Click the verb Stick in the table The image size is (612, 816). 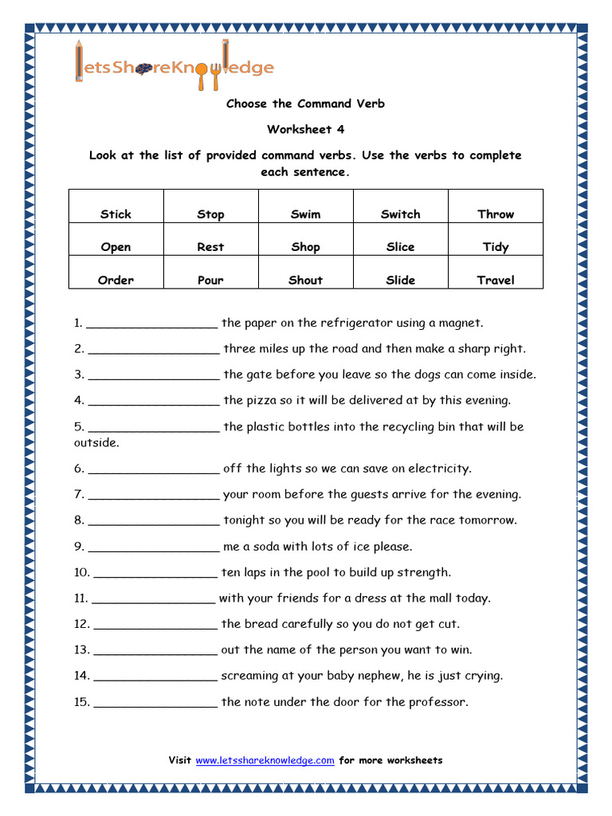(x=116, y=214)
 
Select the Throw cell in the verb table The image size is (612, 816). (x=496, y=214)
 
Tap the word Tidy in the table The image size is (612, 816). (x=496, y=247)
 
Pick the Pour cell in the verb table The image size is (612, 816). (x=210, y=280)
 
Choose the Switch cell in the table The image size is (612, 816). (x=400, y=214)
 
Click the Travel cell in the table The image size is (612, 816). (x=496, y=280)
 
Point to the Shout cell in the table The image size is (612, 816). (x=305, y=280)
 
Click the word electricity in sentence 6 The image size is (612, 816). (x=439, y=469)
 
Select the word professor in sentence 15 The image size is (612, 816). (x=438, y=702)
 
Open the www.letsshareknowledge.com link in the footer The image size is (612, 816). (x=265, y=760)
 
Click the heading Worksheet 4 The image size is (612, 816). (x=305, y=129)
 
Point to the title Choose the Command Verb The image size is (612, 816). (x=305, y=104)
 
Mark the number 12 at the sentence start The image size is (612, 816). (x=81, y=624)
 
